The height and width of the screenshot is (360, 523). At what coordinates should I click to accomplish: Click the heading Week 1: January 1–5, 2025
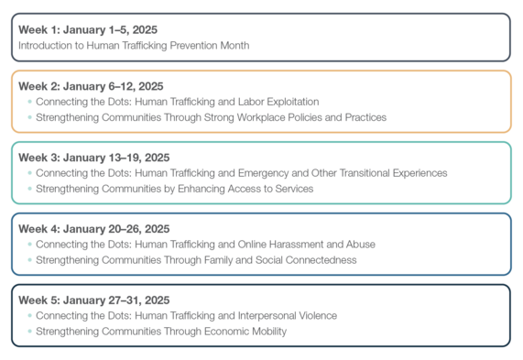tap(87, 29)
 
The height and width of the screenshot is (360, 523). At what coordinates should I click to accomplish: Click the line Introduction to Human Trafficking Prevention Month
tap(134, 45)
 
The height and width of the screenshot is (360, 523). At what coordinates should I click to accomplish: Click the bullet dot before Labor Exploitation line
tap(29, 102)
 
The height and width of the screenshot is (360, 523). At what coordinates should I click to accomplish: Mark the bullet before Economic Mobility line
tap(29, 332)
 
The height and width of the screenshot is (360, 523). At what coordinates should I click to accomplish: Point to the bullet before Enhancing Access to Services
tap(29, 189)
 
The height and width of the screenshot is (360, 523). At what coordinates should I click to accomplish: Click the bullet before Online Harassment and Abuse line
tap(29, 245)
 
